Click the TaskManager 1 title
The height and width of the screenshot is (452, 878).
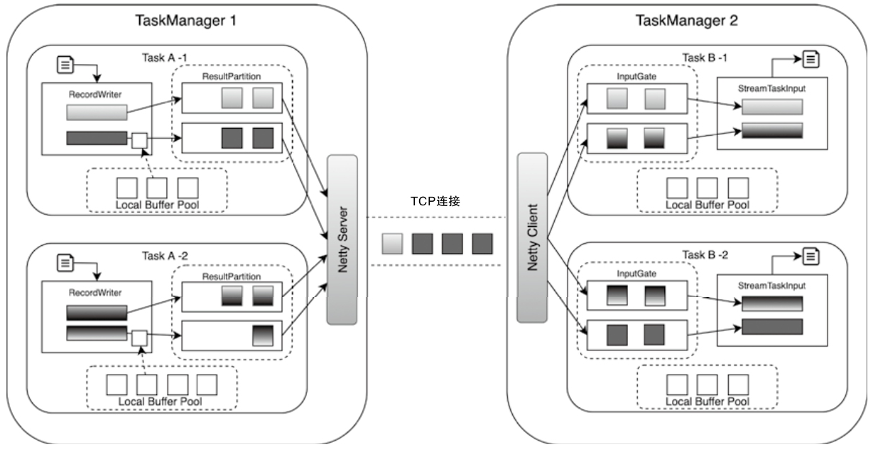185,20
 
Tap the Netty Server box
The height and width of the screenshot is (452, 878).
342,239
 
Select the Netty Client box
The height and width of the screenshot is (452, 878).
532,237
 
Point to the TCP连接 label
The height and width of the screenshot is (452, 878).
435,201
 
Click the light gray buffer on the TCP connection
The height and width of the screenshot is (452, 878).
392,243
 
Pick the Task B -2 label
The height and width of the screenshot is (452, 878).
705,254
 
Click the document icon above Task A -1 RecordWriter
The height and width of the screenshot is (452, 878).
66,65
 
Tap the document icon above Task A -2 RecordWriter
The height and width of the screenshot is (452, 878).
66,263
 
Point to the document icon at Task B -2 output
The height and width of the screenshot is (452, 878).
811,255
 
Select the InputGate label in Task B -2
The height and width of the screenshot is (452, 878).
636,273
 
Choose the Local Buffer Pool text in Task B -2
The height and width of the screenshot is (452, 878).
707,402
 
